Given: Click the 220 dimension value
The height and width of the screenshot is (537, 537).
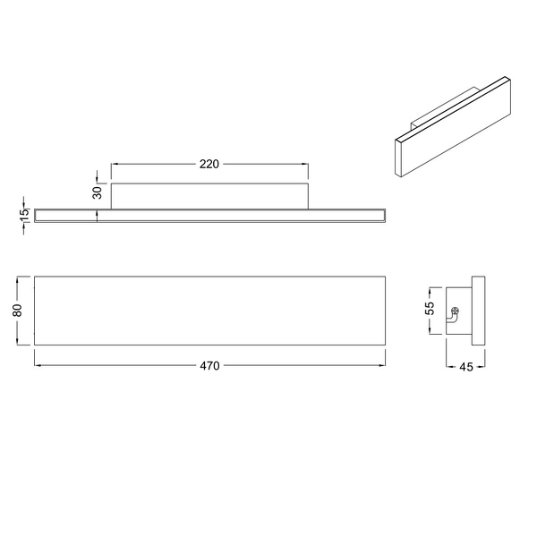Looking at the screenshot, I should (x=209, y=164).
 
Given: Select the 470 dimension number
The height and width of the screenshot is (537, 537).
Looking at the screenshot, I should (x=209, y=365).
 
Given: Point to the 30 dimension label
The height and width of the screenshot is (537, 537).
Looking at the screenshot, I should (x=96, y=192).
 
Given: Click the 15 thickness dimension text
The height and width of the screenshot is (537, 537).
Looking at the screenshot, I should (x=24, y=215).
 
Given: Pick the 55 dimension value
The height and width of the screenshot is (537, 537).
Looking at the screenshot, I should (x=430, y=309).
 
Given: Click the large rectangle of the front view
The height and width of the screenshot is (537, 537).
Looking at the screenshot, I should (x=209, y=310).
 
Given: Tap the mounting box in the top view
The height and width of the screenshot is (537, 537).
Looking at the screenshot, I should (x=209, y=195).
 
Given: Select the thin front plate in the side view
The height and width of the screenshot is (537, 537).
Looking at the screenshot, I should (x=480, y=310).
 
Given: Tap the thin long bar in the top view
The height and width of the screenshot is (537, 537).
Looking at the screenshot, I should (x=209, y=215).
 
